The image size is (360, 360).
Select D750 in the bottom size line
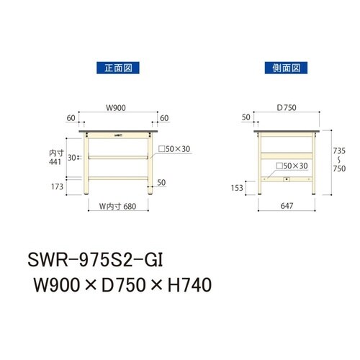[x=117, y=286]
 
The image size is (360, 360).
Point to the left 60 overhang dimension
[x=70, y=117]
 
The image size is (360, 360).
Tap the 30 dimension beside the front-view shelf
[x=71, y=156]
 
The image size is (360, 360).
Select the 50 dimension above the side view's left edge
[x=247, y=117]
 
